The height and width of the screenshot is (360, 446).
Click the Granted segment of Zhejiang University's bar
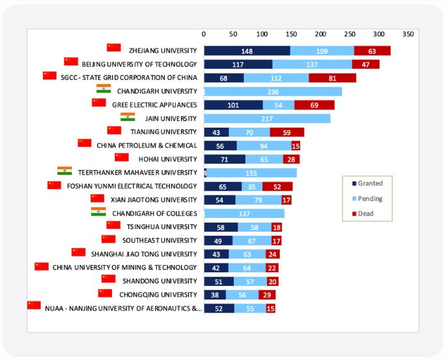247,51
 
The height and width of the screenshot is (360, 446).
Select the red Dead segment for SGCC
332,78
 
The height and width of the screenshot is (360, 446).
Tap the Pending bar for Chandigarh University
273,92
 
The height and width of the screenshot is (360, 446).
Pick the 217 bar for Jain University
267,118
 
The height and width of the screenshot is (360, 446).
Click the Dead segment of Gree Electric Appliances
314,105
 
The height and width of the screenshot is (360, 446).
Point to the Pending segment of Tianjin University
249,132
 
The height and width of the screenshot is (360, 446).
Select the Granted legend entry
366,184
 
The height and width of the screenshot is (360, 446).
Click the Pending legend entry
366,199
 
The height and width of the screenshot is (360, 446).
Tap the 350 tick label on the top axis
408,33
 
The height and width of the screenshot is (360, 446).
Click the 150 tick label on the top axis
291,33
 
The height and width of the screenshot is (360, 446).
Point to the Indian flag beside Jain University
128,117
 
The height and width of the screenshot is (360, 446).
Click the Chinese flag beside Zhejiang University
114,48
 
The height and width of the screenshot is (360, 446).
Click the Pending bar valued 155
252,173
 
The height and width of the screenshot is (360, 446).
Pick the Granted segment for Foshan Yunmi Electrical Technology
223,186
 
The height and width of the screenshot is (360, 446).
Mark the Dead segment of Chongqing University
267,295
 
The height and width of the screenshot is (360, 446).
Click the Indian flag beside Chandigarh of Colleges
98,212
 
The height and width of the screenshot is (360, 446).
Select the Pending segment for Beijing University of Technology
312,64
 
